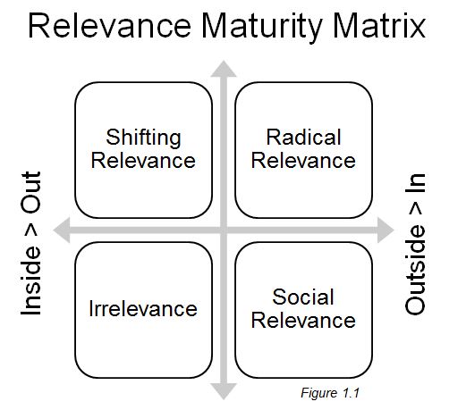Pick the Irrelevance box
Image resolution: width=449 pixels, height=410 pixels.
click(143, 308)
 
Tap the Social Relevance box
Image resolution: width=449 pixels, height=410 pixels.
click(303, 308)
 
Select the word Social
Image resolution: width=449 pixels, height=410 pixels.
click(304, 297)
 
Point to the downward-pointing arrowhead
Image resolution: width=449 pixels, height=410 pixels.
click(223, 389)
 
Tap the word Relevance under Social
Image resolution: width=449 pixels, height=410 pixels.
click(304, 320)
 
